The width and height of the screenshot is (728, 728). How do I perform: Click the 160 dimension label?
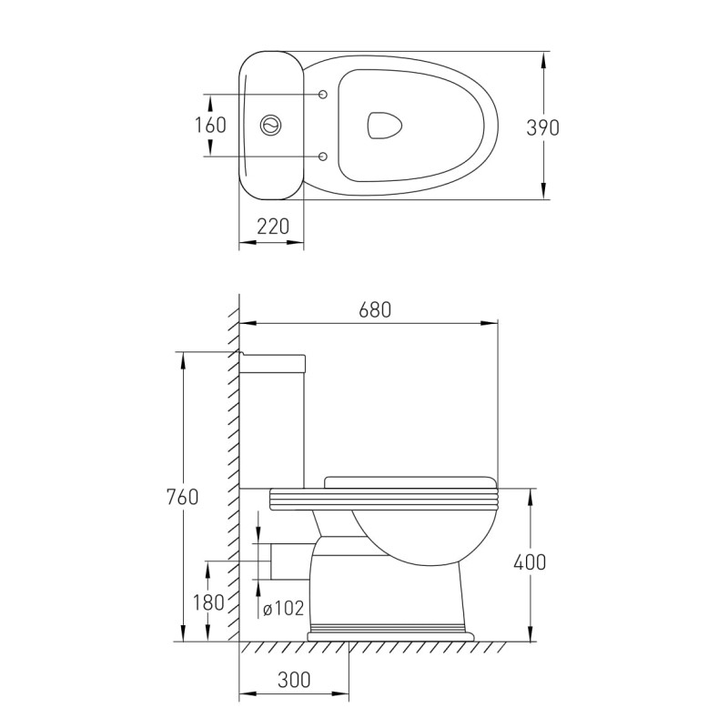coord(210,125)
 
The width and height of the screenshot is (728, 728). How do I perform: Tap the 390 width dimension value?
coord(542,127)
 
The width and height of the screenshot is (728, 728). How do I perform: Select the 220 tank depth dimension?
coord(273,226)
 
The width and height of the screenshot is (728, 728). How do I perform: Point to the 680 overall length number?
coord(375,309)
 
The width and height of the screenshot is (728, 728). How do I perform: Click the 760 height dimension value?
coord(182,497)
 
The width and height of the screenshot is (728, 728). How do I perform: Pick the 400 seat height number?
coord(530,562)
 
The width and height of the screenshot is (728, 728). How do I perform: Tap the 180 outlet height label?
coord(209,602)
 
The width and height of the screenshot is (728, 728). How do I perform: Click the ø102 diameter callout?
coord(284,608)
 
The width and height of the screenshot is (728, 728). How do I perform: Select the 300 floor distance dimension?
coord(294,680)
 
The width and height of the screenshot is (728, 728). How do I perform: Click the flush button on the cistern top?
coord(270,125)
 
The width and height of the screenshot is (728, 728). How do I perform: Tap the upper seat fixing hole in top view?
coord(324,95)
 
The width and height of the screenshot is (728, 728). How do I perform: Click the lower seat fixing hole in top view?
coord(324,156)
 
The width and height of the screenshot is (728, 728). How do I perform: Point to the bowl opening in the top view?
coord(384,126)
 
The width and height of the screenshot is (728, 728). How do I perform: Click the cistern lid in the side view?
coord(272,363)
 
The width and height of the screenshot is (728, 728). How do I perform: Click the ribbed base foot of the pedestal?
coord(390,632)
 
